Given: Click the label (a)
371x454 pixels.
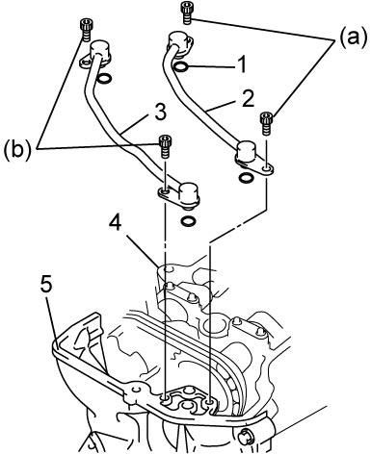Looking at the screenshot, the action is [x=352, y=38].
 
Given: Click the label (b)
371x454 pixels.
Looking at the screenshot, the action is [x=17, y=149].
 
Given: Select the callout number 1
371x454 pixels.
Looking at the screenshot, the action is [x=243, y=64].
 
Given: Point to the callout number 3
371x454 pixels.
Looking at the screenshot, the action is [x=160, y=113].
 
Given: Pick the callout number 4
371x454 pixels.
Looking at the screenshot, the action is [x=115, y=223].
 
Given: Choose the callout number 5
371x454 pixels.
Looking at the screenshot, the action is [x=46, y=286].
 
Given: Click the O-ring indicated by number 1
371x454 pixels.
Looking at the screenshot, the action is [x=180, y=66].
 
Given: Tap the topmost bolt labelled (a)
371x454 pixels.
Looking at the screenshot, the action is [x=186, y=13].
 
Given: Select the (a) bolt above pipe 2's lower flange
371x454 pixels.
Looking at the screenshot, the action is [x=266, y=124].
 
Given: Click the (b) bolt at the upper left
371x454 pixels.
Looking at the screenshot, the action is [x=85, y=30].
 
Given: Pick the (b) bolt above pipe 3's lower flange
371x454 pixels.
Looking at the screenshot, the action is [x=165, y=146].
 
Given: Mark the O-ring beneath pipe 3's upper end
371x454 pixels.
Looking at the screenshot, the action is [x=105, y=79].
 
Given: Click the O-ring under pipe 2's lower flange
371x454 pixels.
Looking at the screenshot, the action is [x=247, y=177].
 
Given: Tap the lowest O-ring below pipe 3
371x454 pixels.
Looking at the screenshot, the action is [x=188, y=220].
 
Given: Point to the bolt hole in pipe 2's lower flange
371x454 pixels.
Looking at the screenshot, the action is [x=266, y=167].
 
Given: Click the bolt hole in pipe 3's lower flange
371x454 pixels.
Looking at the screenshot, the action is [x=165, y=191].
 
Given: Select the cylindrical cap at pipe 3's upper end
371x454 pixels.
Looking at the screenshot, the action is [x=99, y=50].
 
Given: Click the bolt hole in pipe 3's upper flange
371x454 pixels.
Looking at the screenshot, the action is [x=85, y=63].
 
